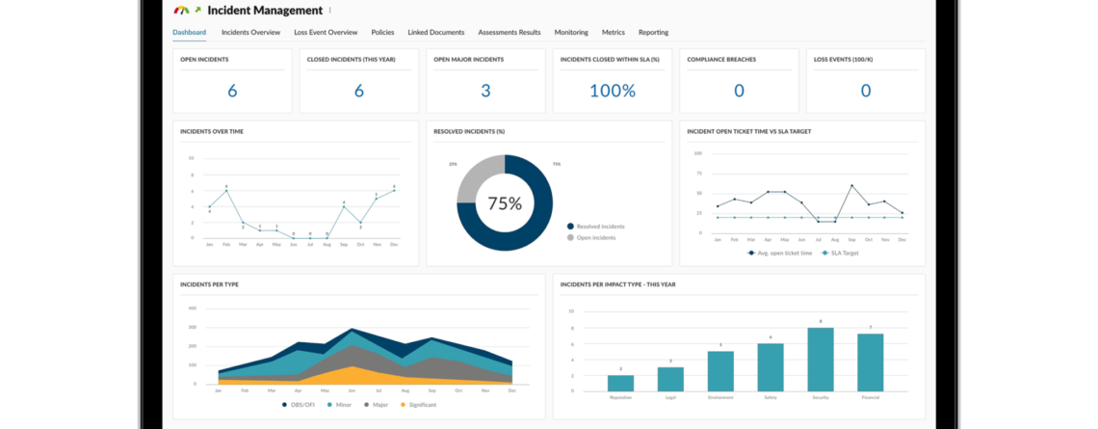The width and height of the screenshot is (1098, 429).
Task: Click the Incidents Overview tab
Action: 250,32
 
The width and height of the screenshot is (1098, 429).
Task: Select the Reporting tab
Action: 653,32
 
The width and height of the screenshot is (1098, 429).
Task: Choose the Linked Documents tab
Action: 435,32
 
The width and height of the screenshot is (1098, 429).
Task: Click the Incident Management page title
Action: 265,11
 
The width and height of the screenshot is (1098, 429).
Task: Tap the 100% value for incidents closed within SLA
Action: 613,91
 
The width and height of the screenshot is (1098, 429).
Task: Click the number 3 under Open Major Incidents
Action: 485,91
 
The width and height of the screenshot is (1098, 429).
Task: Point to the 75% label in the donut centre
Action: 505,203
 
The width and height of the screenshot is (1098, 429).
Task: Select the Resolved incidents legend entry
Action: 600,226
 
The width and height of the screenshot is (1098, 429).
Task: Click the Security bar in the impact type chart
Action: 821,359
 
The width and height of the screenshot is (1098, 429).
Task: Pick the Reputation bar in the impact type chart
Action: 620,382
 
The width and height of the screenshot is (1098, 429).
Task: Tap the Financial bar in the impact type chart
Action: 871,362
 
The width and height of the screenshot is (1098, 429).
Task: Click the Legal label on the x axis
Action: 670,395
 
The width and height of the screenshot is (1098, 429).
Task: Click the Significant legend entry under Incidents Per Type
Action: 421,406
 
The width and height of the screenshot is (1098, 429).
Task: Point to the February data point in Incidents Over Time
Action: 226,191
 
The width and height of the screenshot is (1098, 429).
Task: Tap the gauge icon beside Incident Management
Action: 181,11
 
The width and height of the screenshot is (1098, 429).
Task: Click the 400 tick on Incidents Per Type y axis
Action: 192,308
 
